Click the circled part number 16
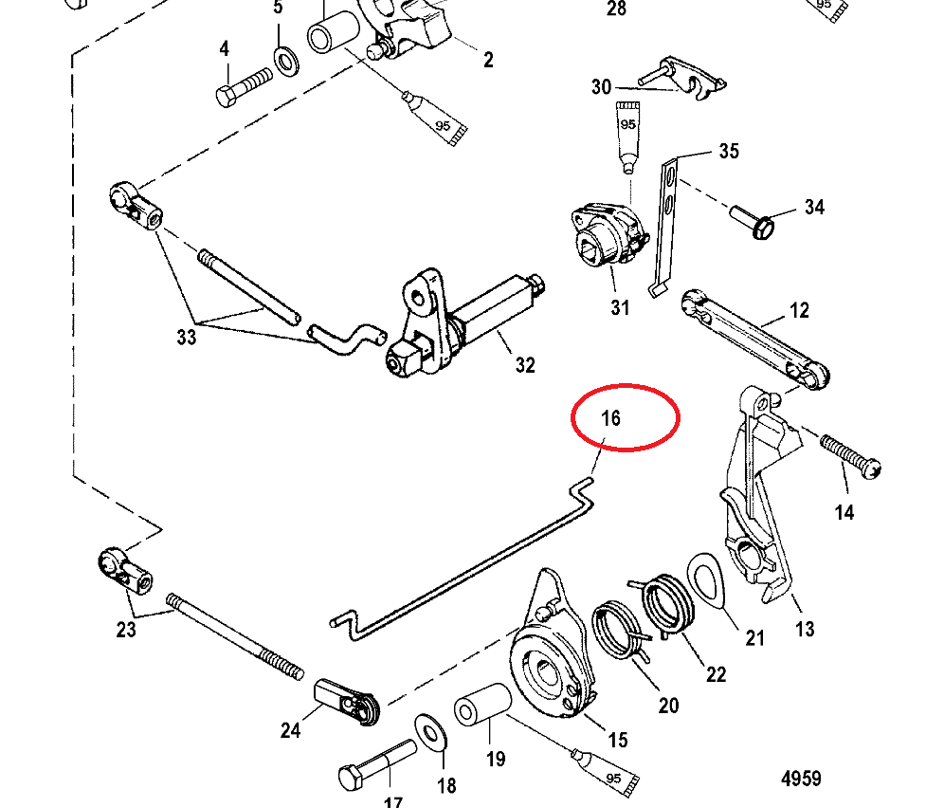pos(611,417)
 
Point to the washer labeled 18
pos(432,733)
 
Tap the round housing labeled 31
pos(607,237)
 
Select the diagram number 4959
pos(801,779)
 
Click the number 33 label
pos(187,337)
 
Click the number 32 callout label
pos(525,365)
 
